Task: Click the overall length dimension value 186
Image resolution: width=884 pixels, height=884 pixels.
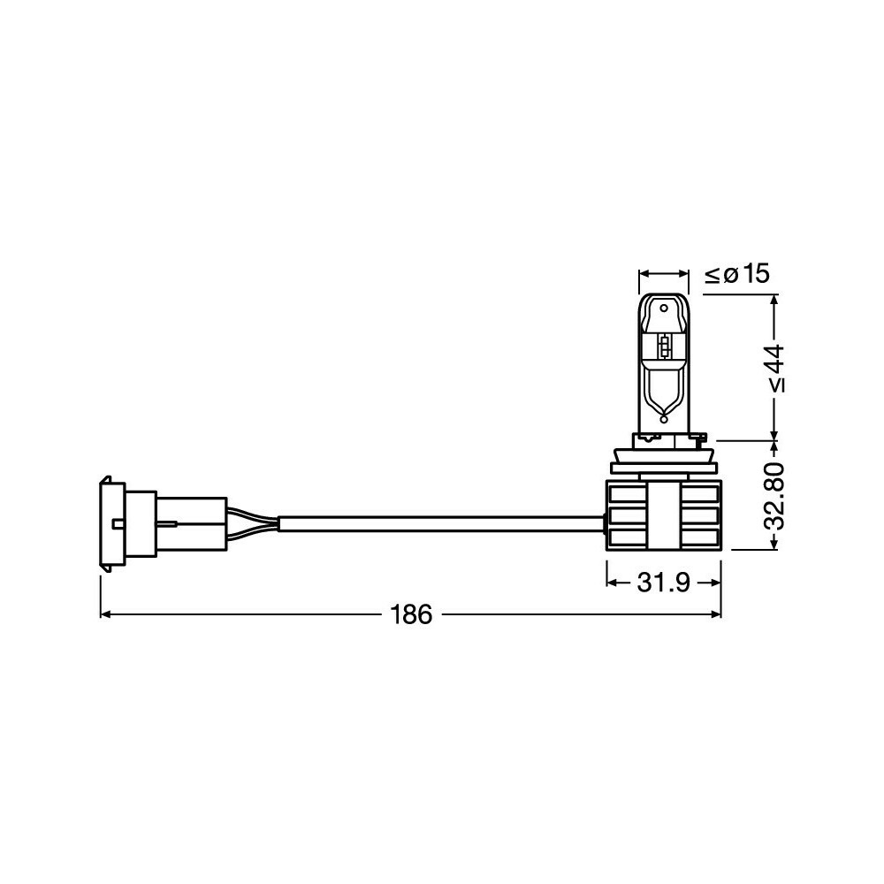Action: (412, 614)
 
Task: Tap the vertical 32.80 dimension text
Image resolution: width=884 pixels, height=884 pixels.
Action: (774, 495)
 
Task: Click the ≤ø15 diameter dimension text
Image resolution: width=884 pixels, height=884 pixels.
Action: (737, 274)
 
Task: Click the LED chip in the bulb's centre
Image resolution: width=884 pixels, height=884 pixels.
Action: (664, 347)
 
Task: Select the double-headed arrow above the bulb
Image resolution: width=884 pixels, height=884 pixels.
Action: (663, 274)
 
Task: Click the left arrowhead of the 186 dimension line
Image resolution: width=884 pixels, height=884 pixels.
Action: (105, 614)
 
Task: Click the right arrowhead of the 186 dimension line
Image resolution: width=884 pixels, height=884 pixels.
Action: (715, 614)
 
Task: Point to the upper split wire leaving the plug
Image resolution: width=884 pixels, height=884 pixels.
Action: (253, 514)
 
